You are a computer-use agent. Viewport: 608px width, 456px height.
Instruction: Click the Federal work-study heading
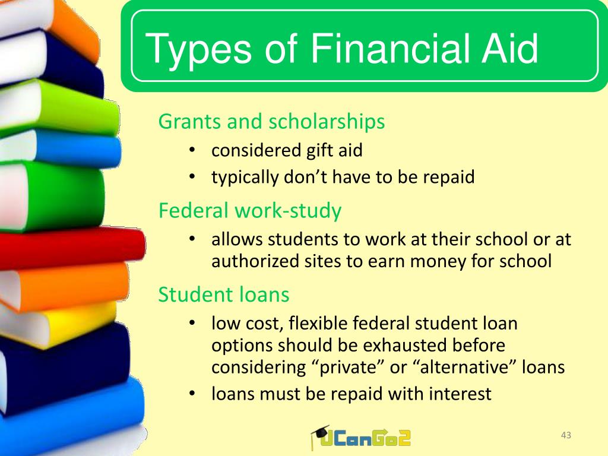[250, 211]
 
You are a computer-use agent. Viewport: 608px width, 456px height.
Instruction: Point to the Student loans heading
[224, 294]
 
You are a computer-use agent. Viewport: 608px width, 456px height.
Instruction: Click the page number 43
[566, 435]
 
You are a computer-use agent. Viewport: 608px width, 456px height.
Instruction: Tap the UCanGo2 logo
[361, 438]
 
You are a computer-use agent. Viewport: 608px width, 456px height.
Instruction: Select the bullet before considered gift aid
[192, 150]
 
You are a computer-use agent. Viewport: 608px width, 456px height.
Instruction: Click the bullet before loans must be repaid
[192, 393]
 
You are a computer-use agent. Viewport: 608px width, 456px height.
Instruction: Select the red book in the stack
[72, 248]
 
